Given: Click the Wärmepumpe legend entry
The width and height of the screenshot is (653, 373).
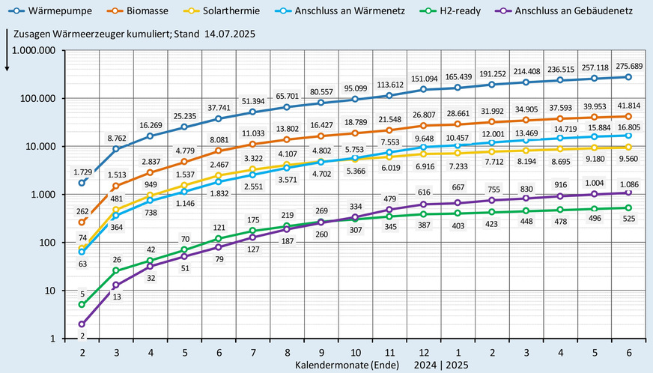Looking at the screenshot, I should click(x=49, y=13).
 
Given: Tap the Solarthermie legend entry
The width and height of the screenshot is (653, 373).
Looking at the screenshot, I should click(x=234, y=13).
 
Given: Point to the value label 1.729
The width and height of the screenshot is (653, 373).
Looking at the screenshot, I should click(x=82, y=172).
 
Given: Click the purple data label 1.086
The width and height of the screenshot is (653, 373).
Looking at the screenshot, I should click(x=628, y=182).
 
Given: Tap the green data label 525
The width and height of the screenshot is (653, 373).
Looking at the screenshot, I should click(x=628, y=219).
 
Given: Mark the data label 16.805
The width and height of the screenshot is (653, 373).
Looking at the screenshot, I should click(x=628, y=127).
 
